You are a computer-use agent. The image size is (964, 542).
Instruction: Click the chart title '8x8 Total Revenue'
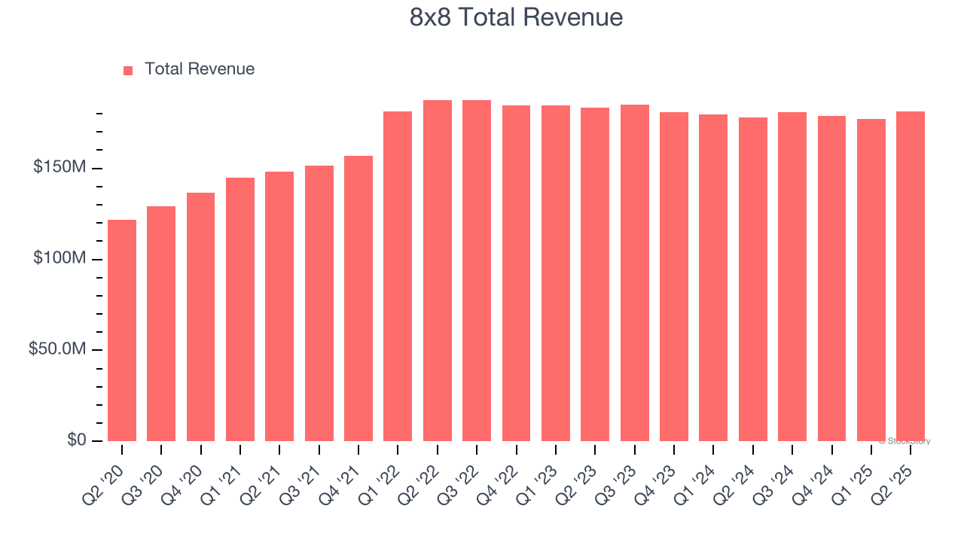[516, 17]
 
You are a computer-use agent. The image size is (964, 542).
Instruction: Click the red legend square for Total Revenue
[128, 70]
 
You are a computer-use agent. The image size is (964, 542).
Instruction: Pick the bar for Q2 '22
[438, 270]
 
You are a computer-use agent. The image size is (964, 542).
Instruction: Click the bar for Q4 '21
[358, 298]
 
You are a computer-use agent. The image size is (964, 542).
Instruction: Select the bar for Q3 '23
[634, 273]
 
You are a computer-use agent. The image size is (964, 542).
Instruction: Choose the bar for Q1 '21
[240, 309]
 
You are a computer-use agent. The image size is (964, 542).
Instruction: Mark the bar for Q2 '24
[752, 279]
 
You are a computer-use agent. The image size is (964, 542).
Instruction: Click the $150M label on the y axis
[59, 167]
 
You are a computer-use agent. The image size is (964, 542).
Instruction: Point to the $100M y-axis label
[59, 258]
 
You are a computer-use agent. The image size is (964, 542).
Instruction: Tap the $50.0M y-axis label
[56, 349]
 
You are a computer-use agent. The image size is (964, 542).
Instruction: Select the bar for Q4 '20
[200, 316]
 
